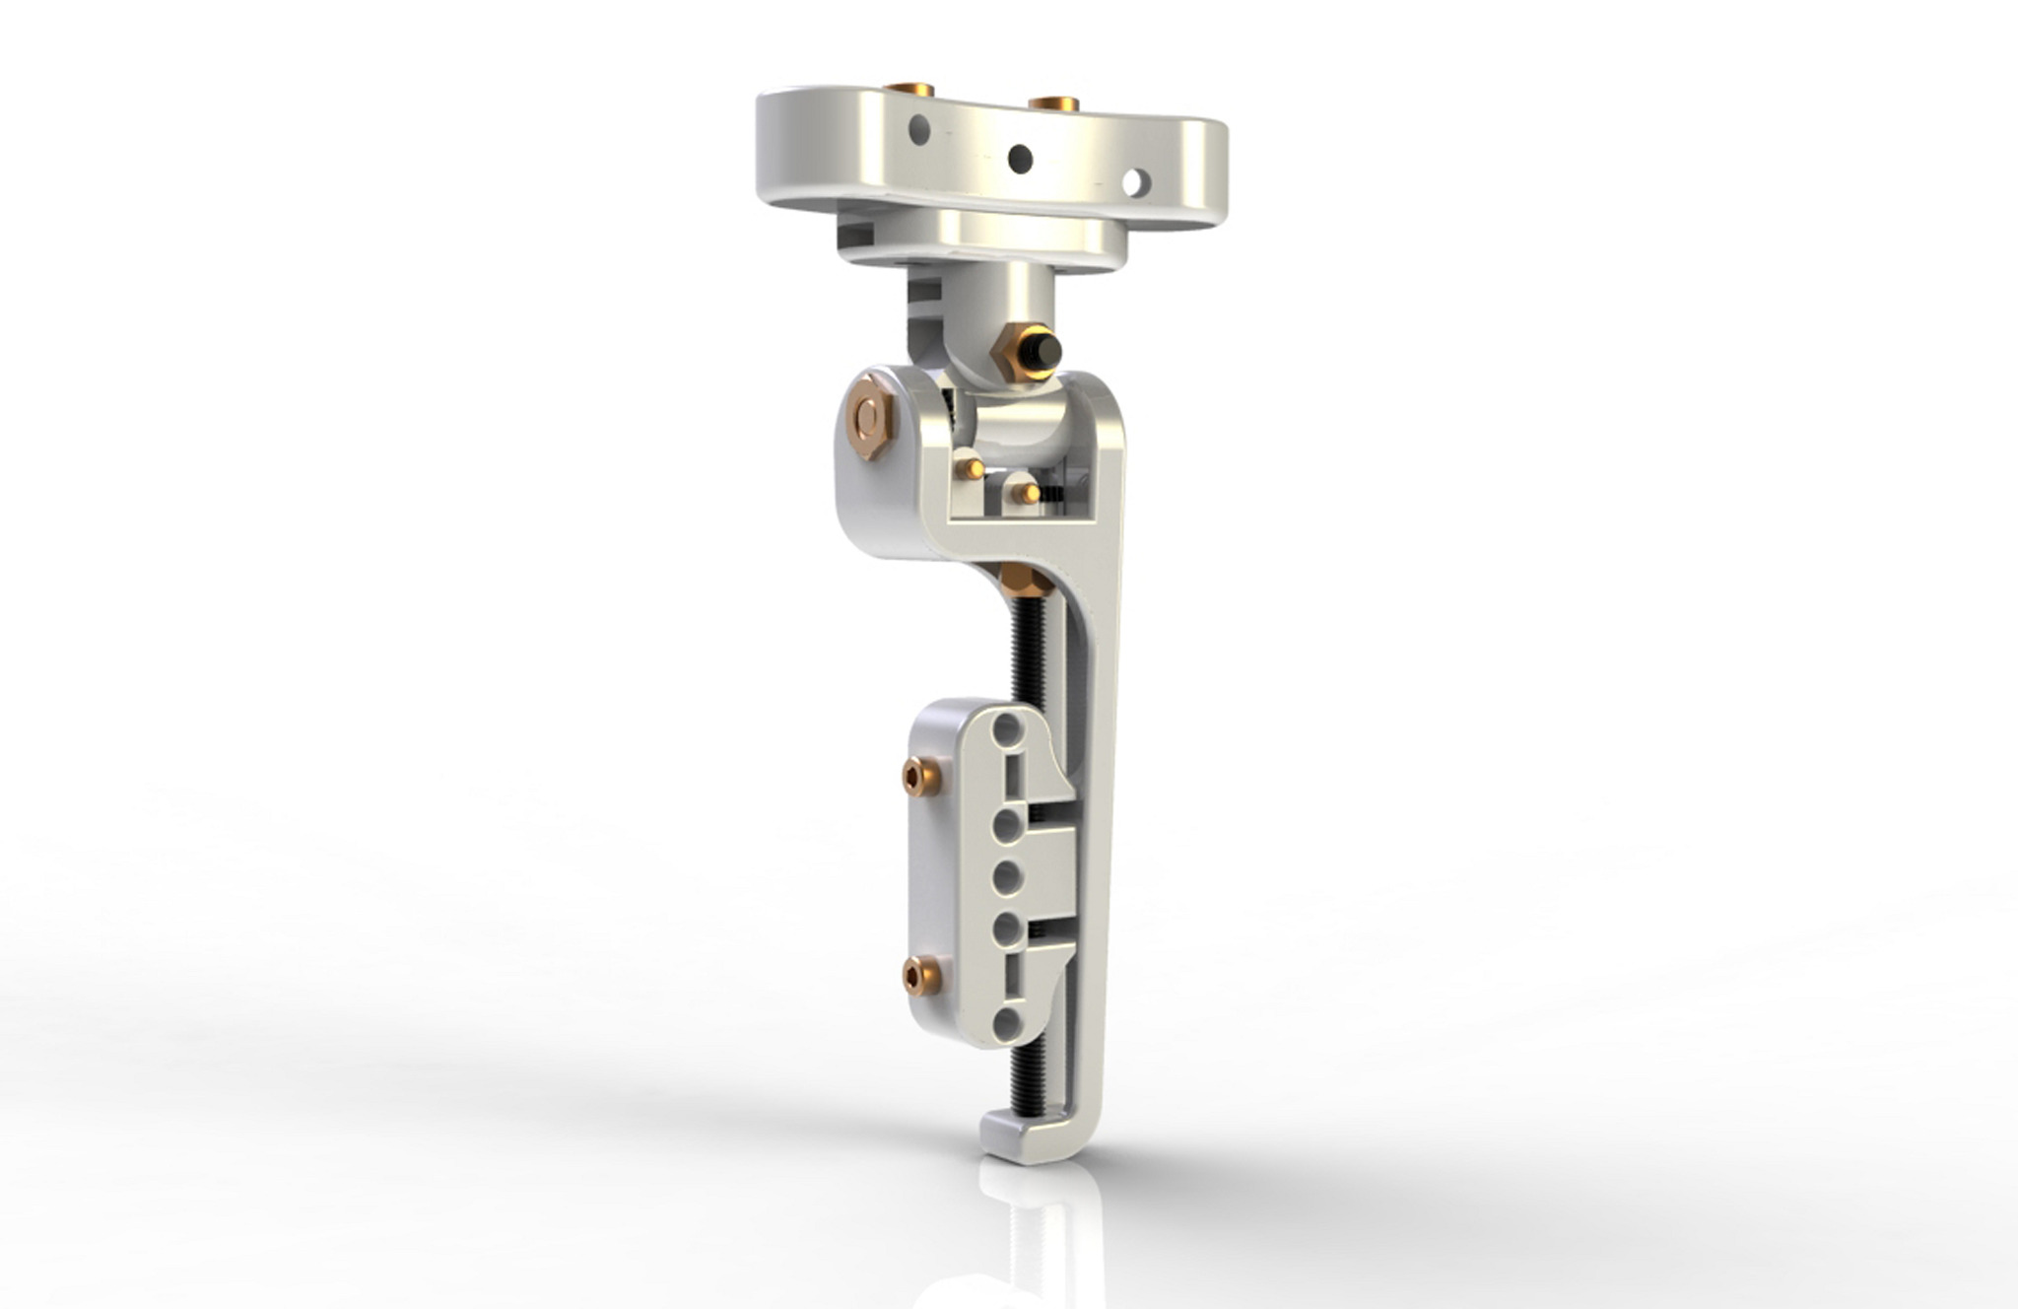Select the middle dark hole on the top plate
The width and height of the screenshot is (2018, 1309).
(x=1021, y=158)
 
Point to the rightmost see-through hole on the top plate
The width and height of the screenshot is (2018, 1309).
(x=1136, y=181)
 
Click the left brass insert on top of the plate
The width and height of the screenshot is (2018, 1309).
(x=909, y=90)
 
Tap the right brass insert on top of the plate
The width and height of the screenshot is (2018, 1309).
(x=1053, y=103)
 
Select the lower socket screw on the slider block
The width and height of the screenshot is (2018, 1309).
(x=921, y=976)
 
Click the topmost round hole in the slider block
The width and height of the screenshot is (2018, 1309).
(x=1007, y=729)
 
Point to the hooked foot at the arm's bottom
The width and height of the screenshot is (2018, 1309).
(x=1025, y=1138)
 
